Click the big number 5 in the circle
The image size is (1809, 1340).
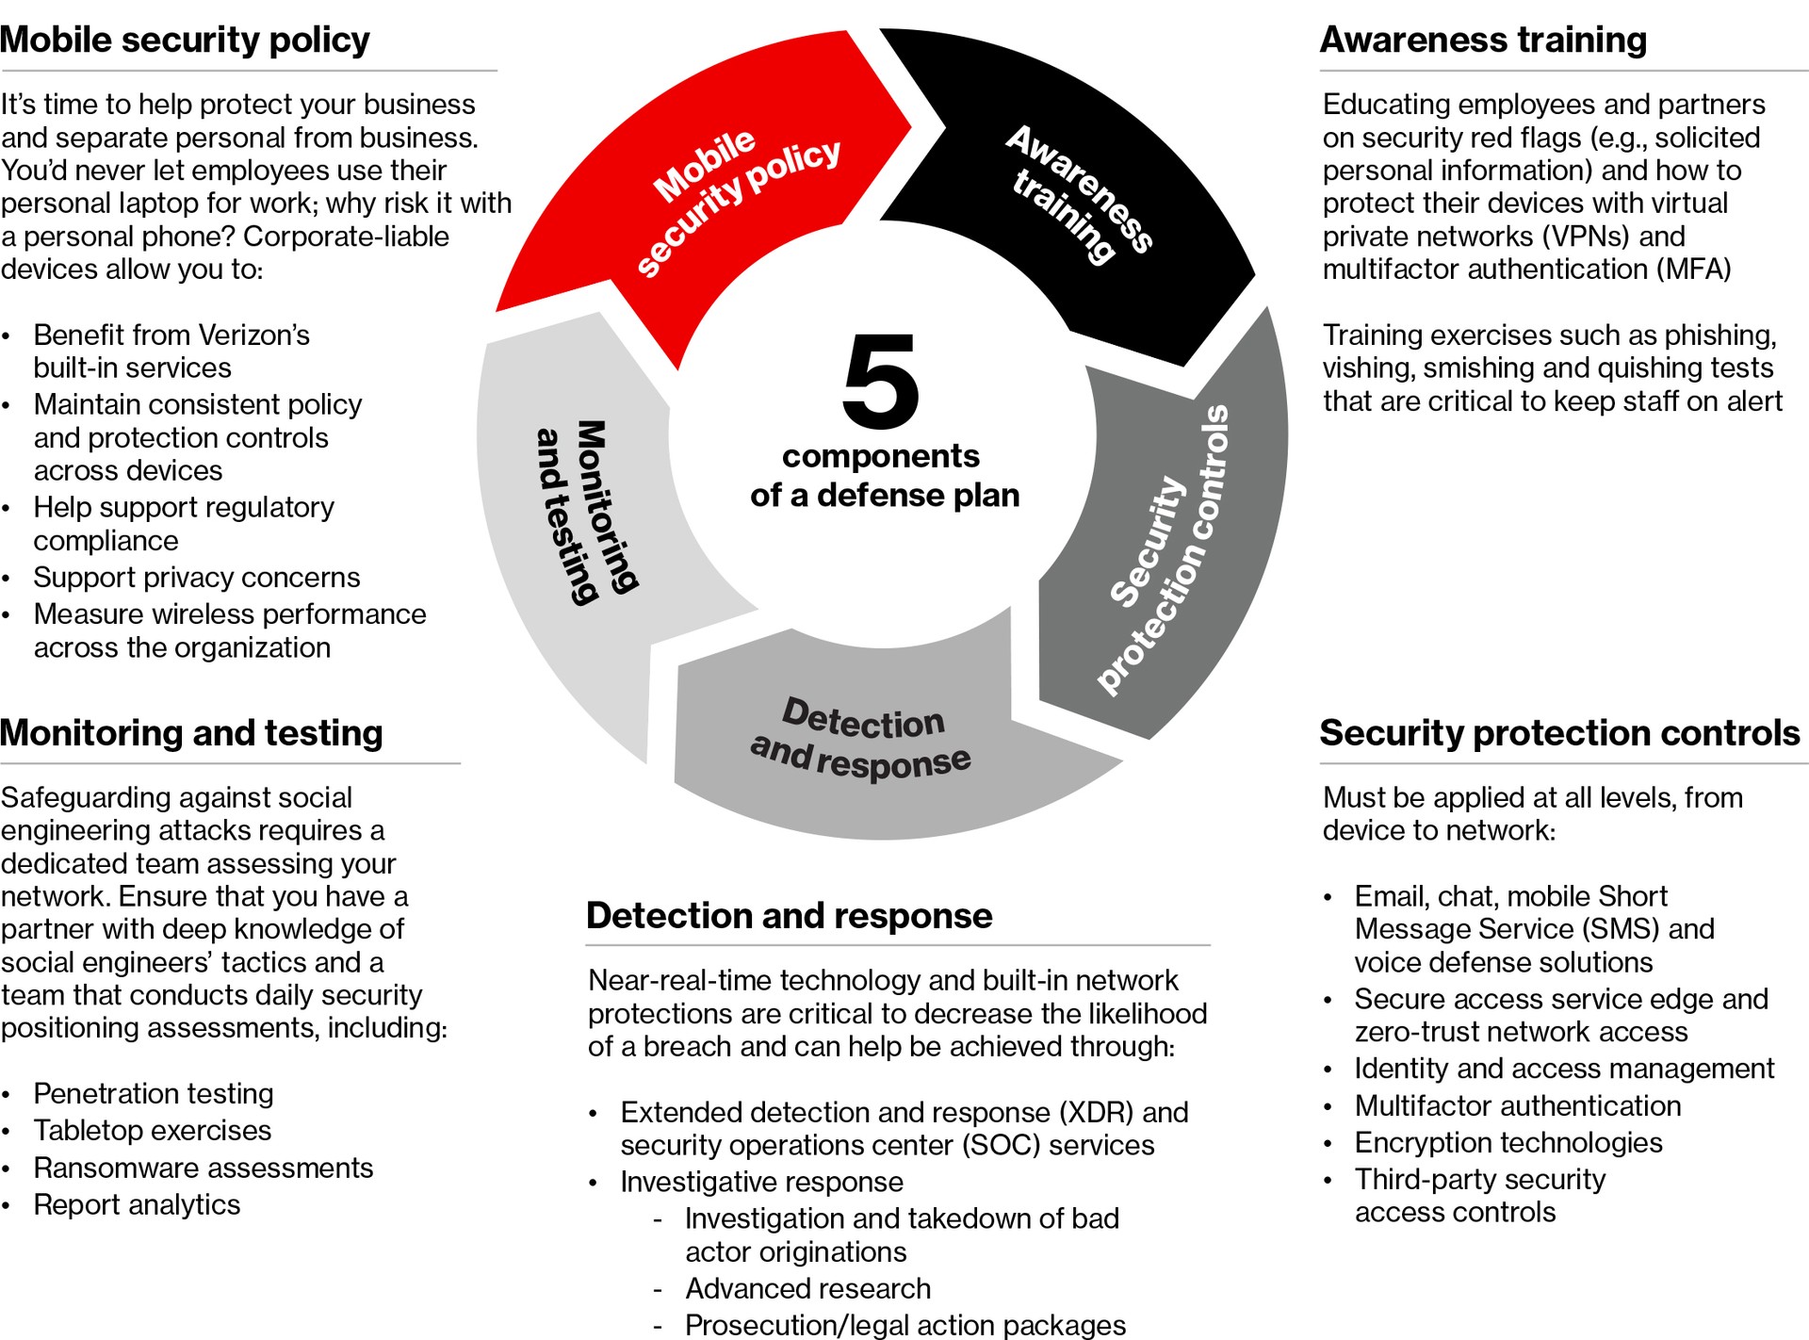tap(881, 381)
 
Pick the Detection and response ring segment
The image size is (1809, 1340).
tap(862, 740)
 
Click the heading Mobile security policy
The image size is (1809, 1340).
tap(186, 41)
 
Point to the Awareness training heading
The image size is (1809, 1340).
tap(1483, 41)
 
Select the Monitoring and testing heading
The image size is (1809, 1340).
tap(192, 733)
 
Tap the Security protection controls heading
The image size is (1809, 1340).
tap(1559, 733)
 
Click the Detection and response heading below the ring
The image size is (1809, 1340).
tap(790, 916)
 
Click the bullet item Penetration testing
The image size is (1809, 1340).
tap(154, 1093)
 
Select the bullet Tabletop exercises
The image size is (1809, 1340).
tap(153, 1130)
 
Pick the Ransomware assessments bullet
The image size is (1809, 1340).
tap(204, 1168)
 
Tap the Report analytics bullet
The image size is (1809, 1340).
tap(138, 1204)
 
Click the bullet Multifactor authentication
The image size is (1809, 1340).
tap(1518, 1105)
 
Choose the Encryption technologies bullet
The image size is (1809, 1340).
tap(1508, 1142)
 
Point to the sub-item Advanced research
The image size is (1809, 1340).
tap(808, 1288)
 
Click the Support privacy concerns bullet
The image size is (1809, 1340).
tap(197, 577)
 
